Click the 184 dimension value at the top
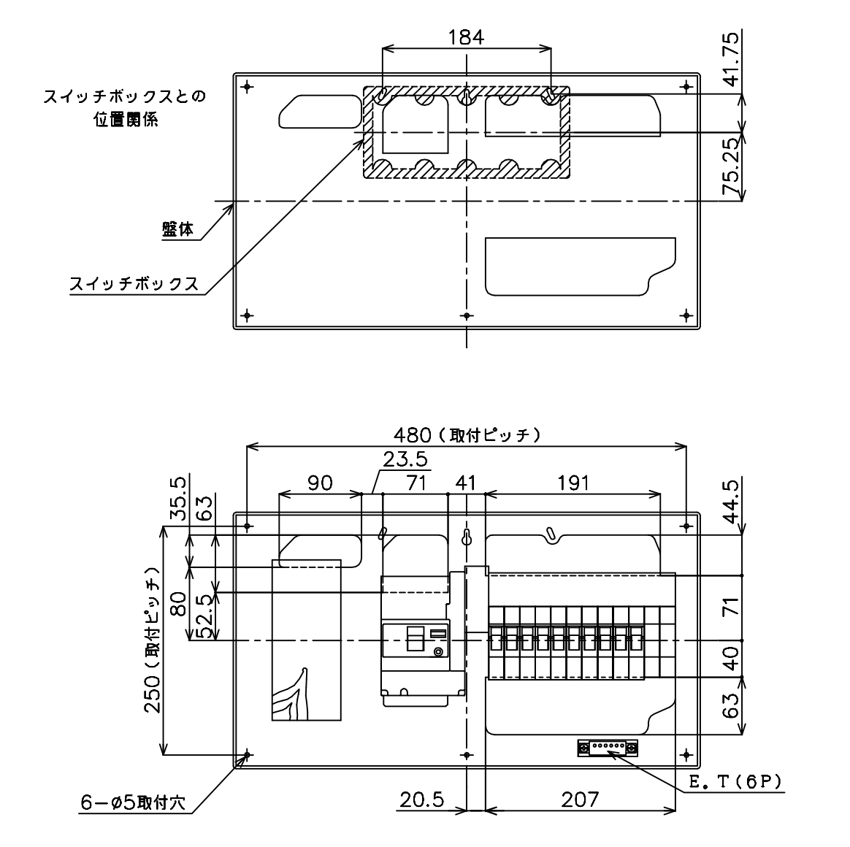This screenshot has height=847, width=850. point(466,37)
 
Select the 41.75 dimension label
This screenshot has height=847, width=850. point(731,59)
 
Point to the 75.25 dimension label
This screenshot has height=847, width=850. point(731,166)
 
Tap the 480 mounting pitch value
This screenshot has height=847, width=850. point(412,434)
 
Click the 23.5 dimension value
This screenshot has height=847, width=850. point(405,459)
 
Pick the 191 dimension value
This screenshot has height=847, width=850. point(573,483)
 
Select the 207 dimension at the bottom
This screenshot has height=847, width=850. point(580,800)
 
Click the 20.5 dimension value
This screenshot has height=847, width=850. point(422,800)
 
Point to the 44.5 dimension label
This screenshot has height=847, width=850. point(731,502)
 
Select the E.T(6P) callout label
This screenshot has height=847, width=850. point(735,782)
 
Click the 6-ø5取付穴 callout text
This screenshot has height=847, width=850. point(133,802)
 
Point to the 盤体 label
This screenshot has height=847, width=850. point(177,230)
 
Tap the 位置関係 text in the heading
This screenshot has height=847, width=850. point(126,119)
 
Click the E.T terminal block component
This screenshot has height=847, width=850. point(607,748)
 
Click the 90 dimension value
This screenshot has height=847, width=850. point(320,483)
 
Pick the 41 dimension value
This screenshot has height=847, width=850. point(465,483)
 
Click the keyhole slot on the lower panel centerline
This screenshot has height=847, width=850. point(466,537)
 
